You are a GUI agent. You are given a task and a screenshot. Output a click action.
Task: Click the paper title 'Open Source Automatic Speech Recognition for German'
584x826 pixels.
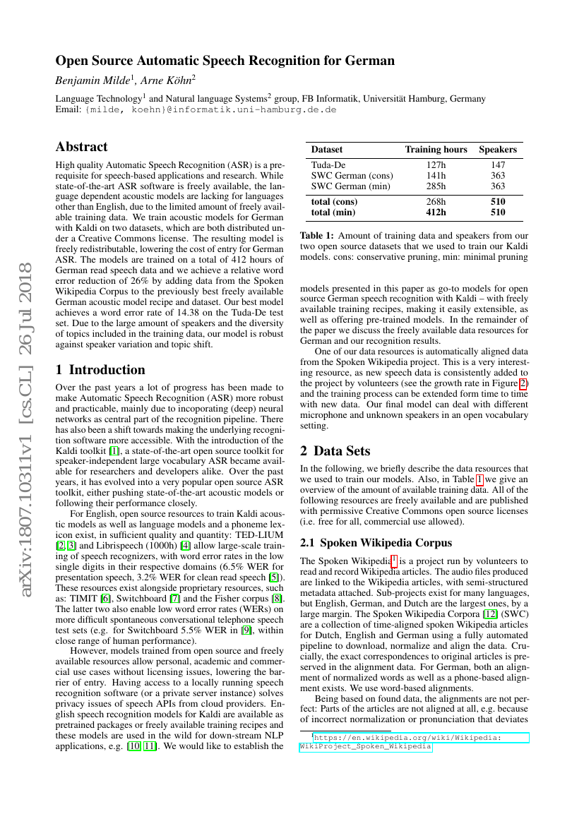click(225, 61)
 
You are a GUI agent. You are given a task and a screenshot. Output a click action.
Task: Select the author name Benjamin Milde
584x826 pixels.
click(90, 81)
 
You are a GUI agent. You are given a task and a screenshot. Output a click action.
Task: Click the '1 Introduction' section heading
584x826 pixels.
click(100, 370)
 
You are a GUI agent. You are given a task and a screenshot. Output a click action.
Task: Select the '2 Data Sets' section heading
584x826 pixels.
click(341, 450)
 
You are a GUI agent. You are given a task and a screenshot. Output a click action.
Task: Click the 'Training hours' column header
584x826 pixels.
click(436, 150)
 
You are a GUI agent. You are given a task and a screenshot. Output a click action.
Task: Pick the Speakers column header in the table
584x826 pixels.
click(498, 150)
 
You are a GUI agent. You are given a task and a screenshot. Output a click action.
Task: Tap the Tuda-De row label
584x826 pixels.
click(328, 165)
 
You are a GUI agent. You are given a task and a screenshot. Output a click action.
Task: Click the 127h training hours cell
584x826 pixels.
click(436, 165)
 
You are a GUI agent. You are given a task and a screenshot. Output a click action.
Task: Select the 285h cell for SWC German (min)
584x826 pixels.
click(436, 186)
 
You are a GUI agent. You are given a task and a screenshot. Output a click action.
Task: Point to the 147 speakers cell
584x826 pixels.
click(498, 165)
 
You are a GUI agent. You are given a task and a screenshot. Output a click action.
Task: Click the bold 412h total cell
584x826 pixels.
click(436, 212)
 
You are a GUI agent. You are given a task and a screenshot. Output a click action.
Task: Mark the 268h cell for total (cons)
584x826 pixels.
click(436, 201)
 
